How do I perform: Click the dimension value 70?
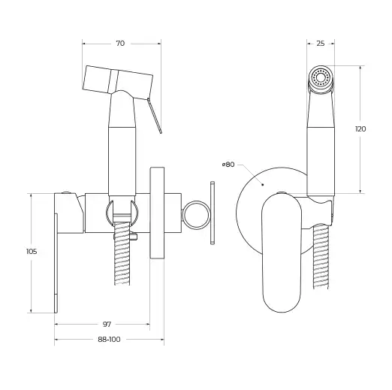coord(120,44)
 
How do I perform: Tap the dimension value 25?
coord(320,44)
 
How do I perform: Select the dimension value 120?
coord(360,129)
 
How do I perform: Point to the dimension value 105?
coord(32,252)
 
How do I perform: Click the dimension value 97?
coord(107,324)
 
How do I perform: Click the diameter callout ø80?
coord(228,164)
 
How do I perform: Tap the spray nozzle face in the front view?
coord(321,78)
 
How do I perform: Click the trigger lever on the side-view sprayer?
coord(157,113)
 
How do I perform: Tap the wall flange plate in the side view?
coord(157,213)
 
